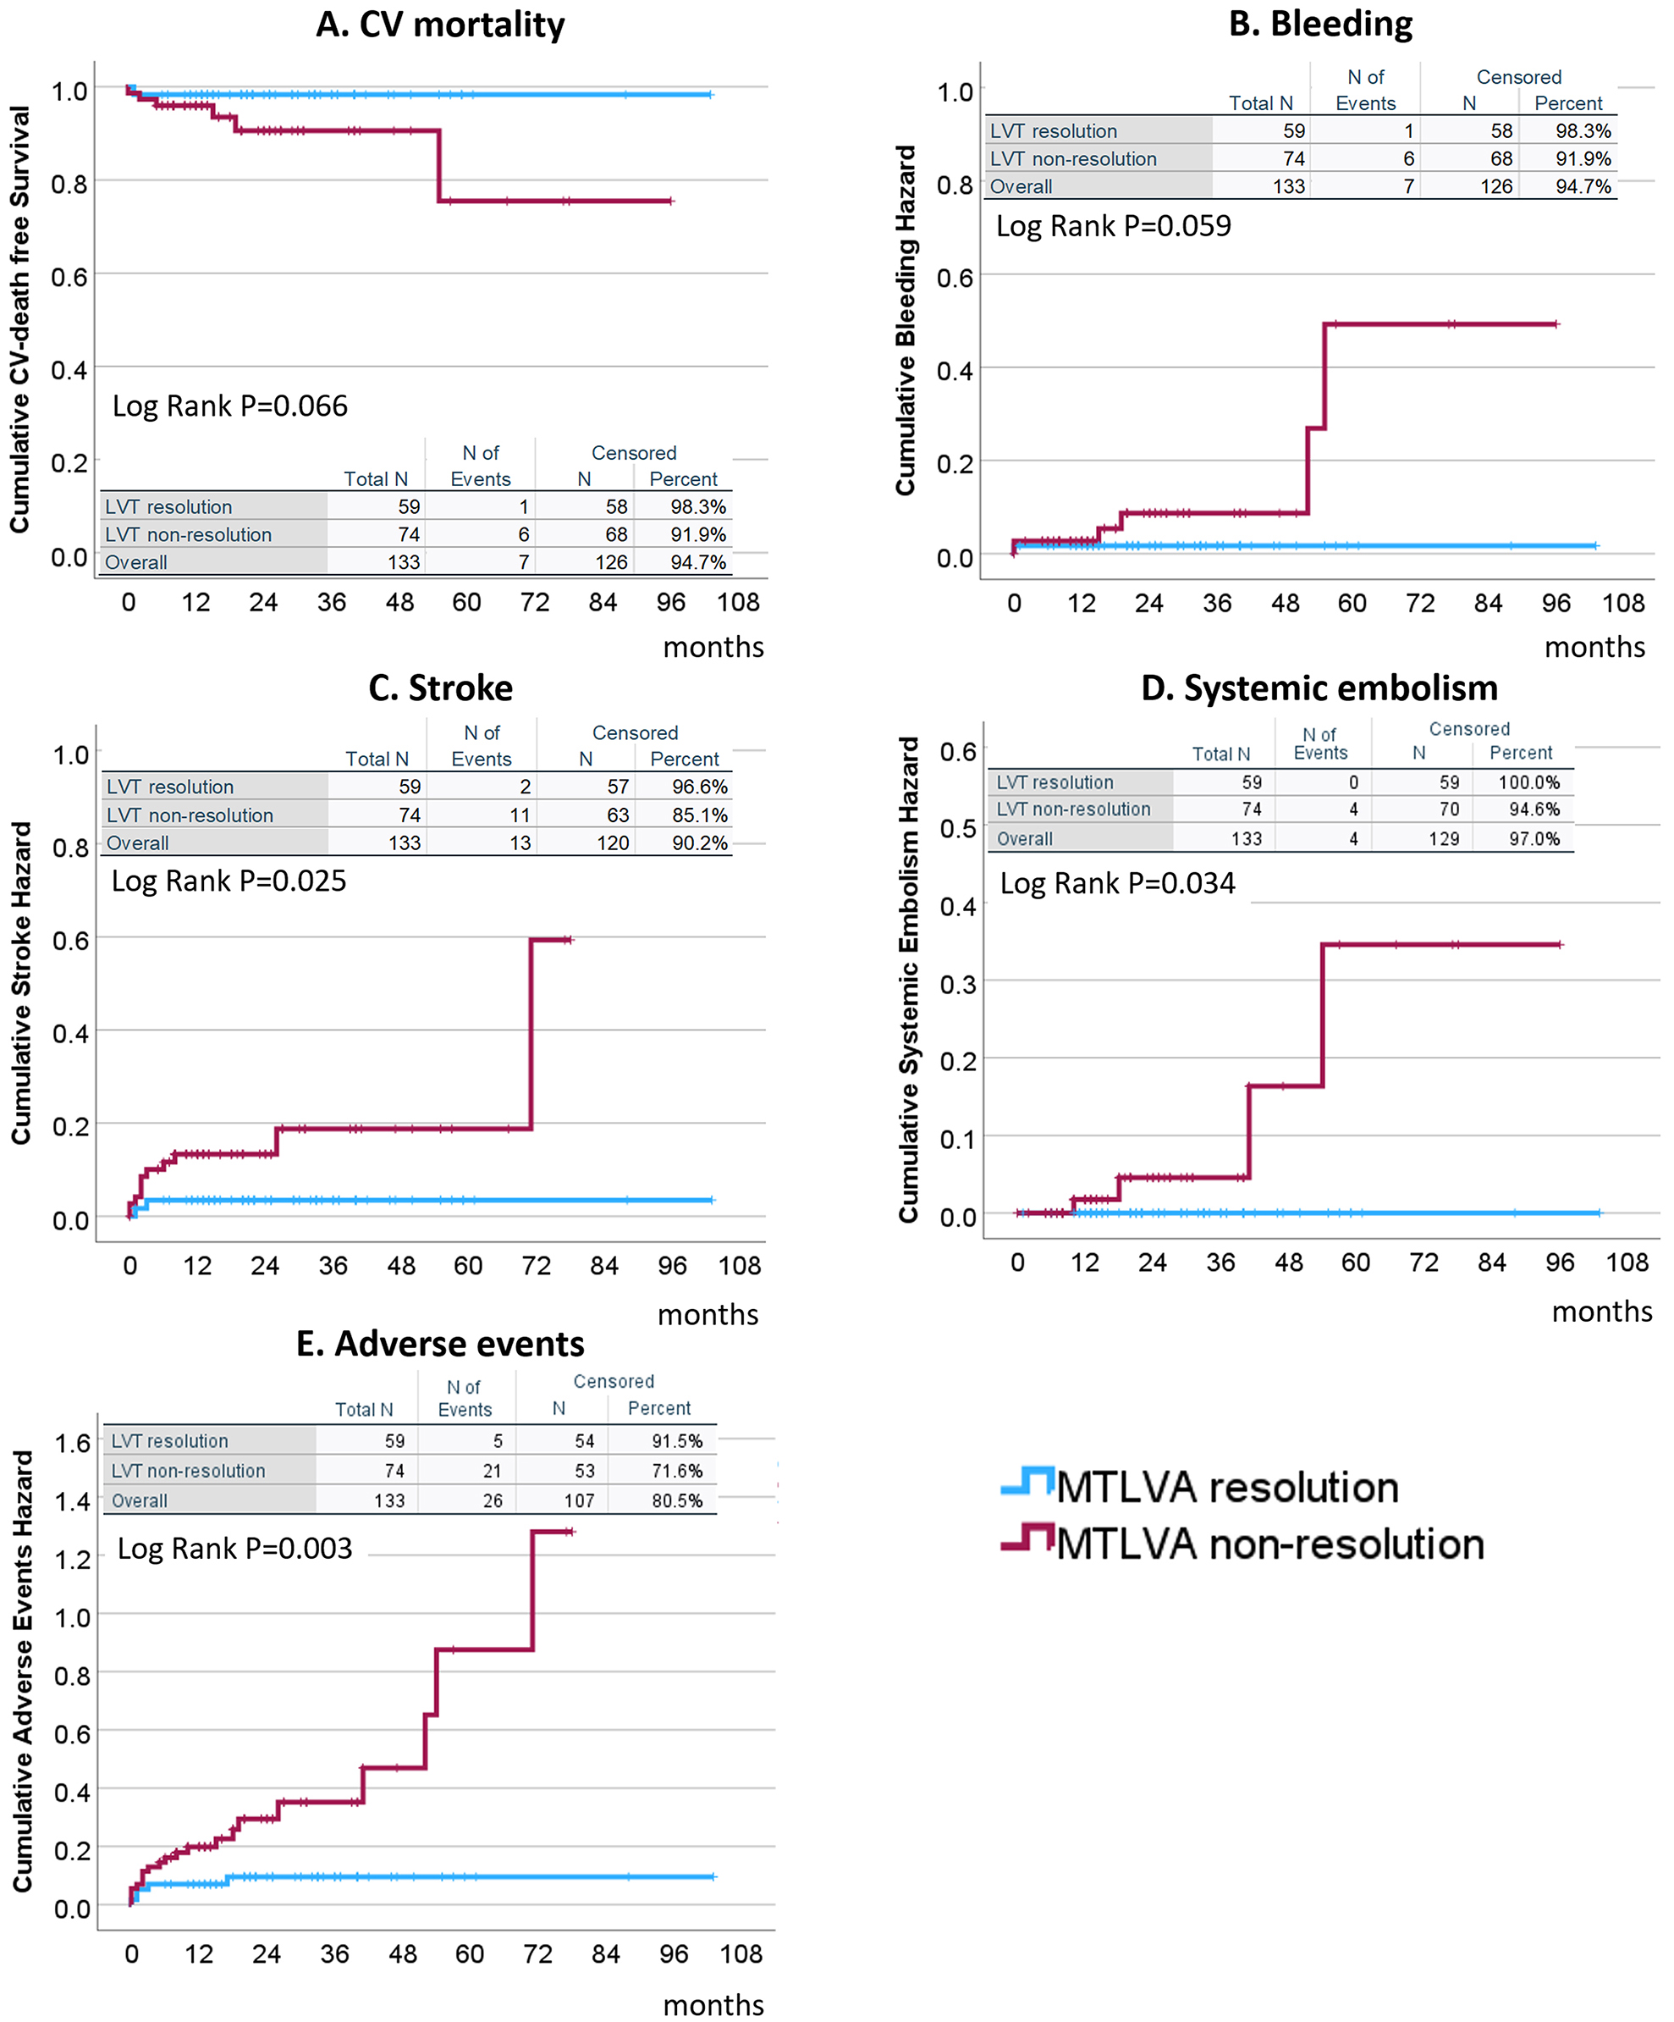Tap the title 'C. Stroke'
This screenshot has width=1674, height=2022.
(440, 688)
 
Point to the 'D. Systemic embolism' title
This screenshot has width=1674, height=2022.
(1319, 688)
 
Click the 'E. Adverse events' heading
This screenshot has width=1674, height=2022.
(440, 1343)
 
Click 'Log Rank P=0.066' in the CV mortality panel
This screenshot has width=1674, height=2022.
(229, 406)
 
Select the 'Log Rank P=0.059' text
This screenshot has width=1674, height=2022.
(1113, 226)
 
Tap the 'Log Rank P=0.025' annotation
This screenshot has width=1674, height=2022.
(229, 881)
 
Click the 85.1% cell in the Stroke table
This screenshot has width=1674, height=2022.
(699, 815)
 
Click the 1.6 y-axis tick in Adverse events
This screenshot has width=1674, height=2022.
(72, 1444)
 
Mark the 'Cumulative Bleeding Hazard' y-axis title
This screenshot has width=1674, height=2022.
(905, 321)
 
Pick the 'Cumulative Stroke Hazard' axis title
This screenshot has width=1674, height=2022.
(21, 983)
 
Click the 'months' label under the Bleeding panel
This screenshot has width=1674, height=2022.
(1594, 647)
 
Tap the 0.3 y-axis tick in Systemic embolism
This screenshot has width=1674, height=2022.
(957, 984)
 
